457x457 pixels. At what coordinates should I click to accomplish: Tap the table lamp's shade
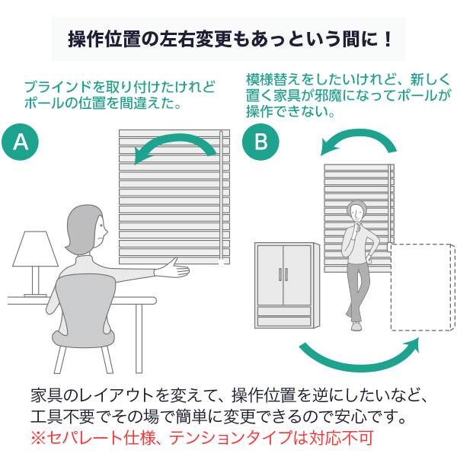(x=35, y=249)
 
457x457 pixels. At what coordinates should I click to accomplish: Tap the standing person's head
(x=357, y=213)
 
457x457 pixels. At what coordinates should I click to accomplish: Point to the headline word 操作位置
(x=98, y=39)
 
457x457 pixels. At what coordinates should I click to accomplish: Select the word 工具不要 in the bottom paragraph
(x=63, y=419)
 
